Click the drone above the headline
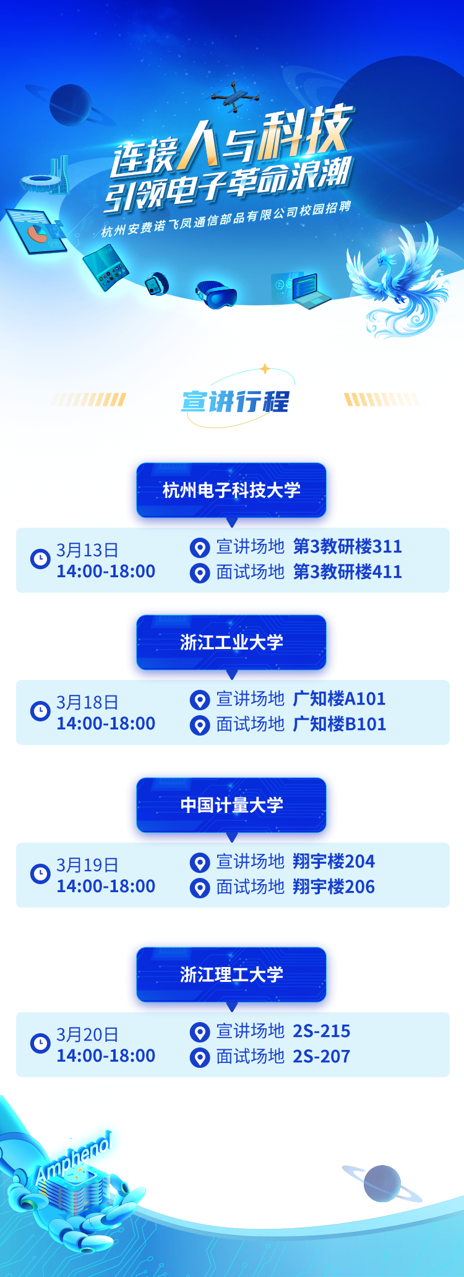pos(234,97)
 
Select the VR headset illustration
pos(216,294)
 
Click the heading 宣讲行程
pos(235,402)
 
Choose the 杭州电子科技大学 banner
pos(231,490)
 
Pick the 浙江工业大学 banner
pos(231,642)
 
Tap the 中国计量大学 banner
pos(231,805)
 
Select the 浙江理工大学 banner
pos(231,974)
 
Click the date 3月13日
pos(87,550)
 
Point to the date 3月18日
pos(87,702)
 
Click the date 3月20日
pos(87,1034)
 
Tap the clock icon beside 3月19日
pos(40,874)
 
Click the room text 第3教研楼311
pos(347,546)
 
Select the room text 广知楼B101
pos(340,724)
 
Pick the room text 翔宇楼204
pos(333,861)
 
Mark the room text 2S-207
pos(321,1056)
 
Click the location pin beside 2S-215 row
pos(199,1033)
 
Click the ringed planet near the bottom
pos(382,1184)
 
